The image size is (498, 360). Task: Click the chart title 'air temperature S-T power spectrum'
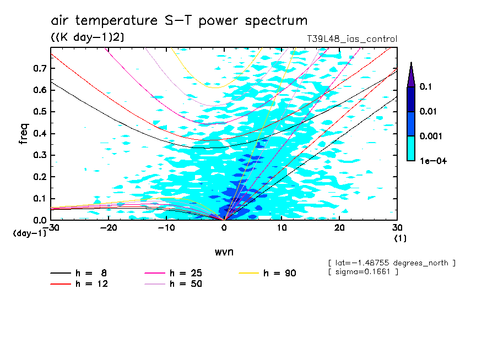(x=179, y=21)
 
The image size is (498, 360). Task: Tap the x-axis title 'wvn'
(x=224, y=252)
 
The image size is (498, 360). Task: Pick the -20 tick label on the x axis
(x=109, y=228)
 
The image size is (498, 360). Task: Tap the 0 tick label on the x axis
(x=224, y=228)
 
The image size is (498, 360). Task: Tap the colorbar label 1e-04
(x=433, y=161)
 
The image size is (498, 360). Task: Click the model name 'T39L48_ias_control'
(x=351, y=39)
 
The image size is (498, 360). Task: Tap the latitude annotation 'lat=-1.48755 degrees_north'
(x=391, y=263)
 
